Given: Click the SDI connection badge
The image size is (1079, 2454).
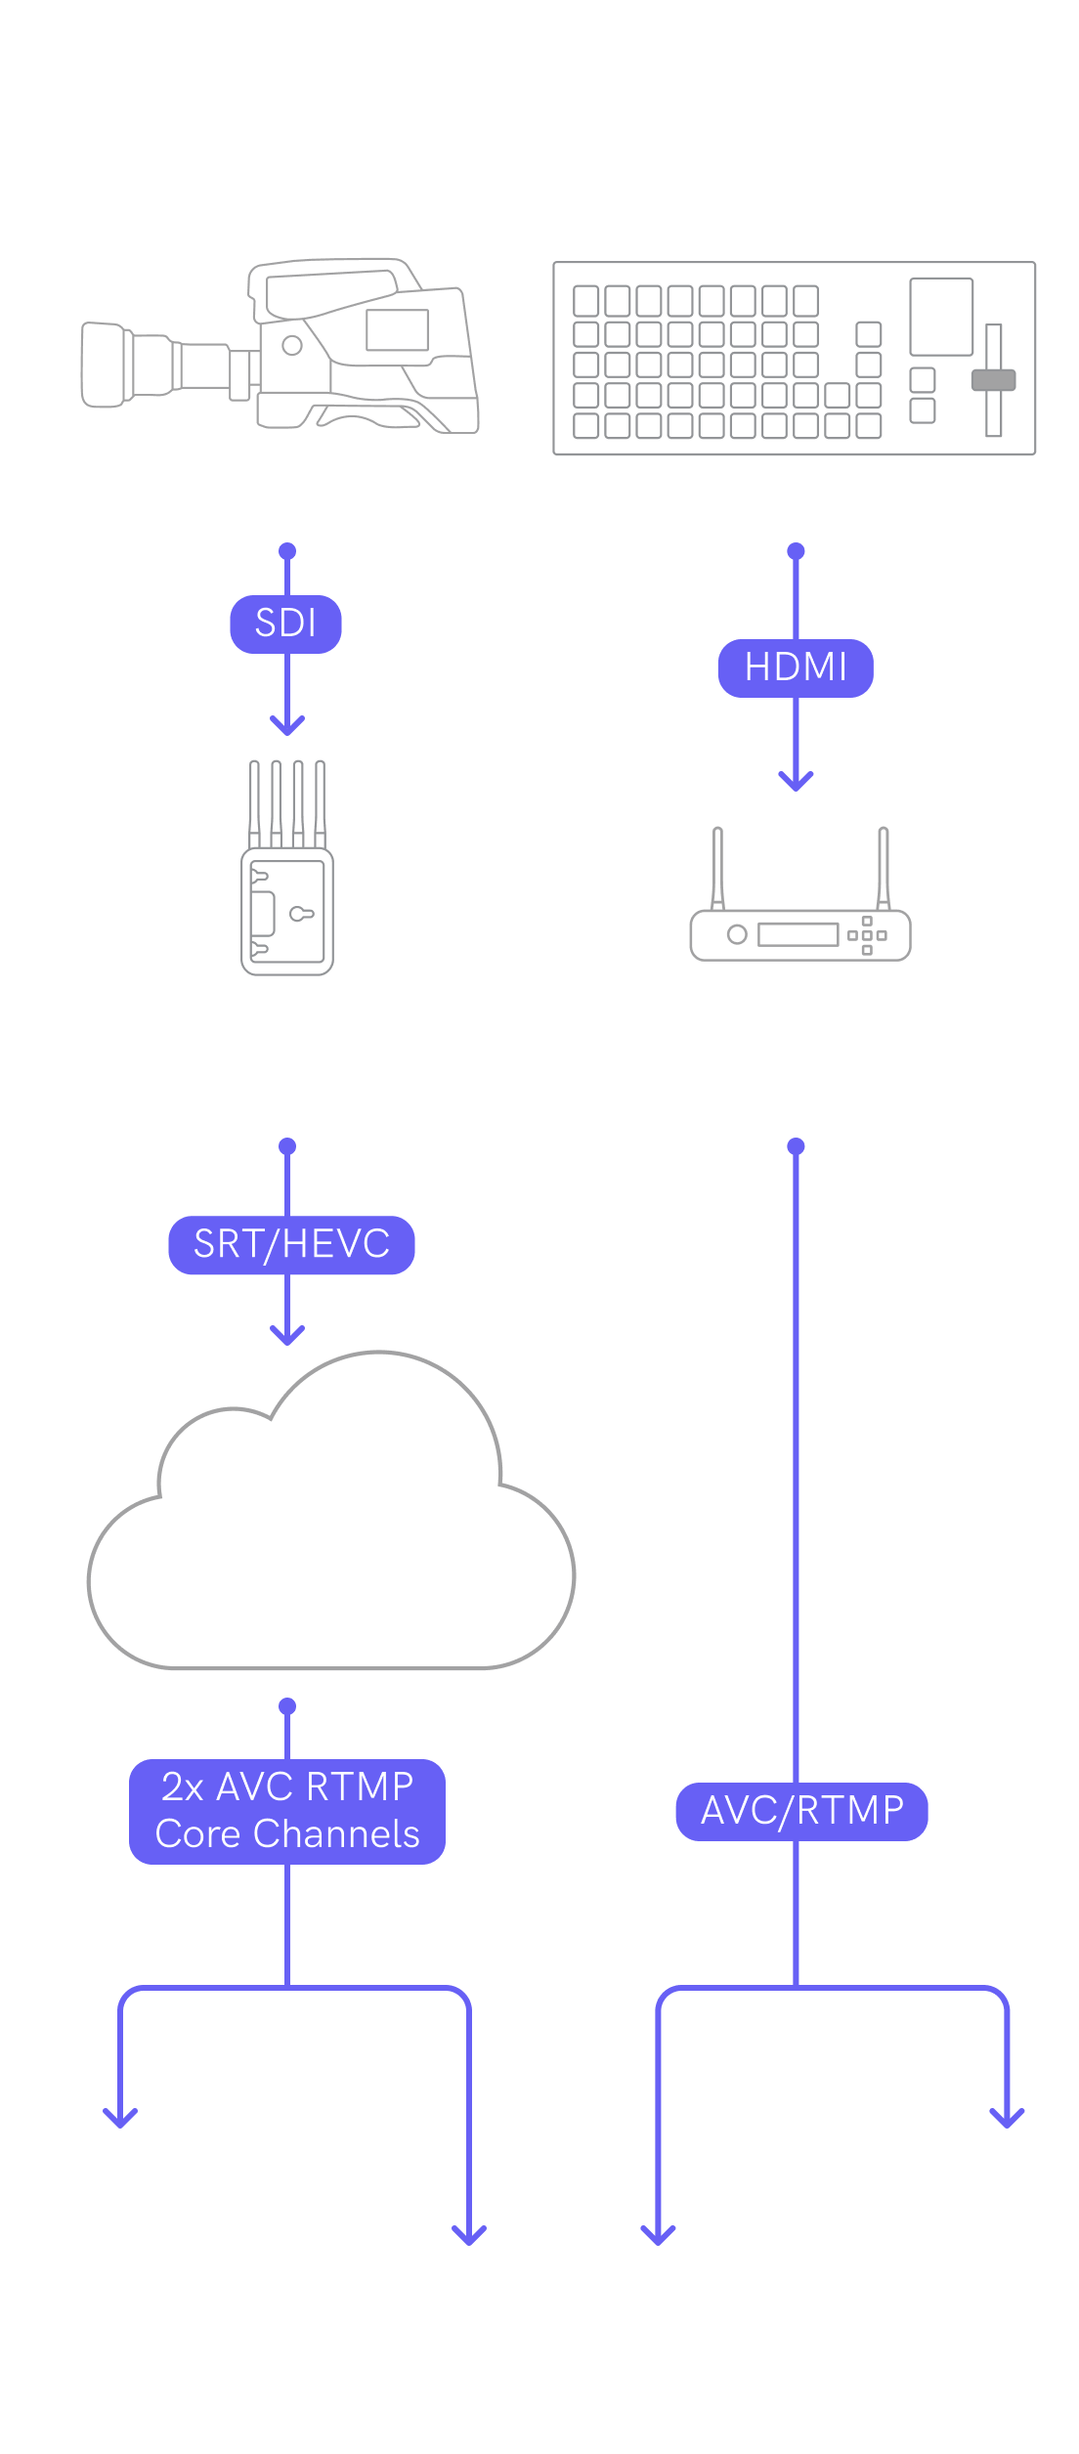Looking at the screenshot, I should tap(285, 624).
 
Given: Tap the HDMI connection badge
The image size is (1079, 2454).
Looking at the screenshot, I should tap(796, 667).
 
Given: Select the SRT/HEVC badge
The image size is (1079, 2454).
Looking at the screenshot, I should tap(291, 1244).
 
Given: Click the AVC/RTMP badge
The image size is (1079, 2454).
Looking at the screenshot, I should tap(801, 1811).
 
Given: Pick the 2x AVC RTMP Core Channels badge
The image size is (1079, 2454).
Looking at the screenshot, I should tap(287, 1811).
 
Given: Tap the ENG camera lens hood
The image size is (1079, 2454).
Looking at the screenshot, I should tap(106, 365).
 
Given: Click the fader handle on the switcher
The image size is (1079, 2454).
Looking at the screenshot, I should tap(993, 380).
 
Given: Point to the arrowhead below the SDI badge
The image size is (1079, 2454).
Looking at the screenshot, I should tap(287, 726).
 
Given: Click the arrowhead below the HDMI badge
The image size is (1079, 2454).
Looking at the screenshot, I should tap(796, 781).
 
